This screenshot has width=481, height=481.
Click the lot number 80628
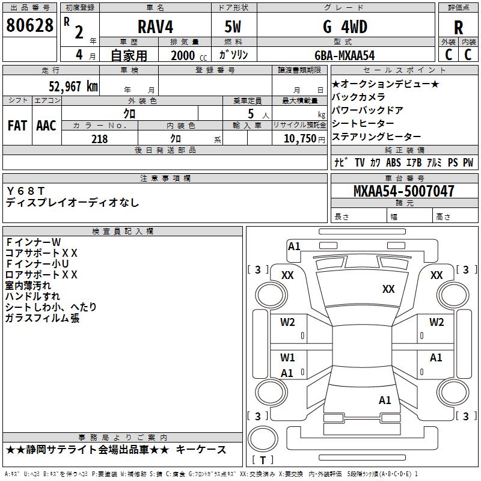[x=29, y=25]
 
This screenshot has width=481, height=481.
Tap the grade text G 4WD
[x=345, y=27]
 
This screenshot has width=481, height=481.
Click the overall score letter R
[x=458, y=28]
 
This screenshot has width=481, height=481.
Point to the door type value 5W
[x=233, y=27]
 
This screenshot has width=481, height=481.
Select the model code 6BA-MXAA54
[x=345, y=55]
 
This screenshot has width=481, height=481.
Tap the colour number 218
[x=99, y=139]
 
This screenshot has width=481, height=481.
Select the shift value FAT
[x=17, y=126]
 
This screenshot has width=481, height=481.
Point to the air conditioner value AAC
[x=46, y=126]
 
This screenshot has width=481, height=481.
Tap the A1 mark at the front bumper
[x=294, y=246]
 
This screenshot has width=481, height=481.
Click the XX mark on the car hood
[x=388, y=289]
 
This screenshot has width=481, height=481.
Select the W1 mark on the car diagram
[x=287, y=358]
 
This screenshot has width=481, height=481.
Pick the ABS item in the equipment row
[x=393, y=162]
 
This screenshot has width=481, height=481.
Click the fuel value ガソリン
[x=233, y=55]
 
